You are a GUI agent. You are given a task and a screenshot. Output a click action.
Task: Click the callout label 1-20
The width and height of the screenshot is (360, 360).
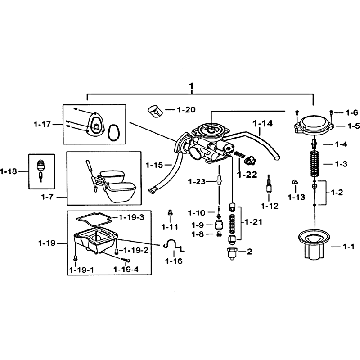pyautogui.click(x=186, y=110)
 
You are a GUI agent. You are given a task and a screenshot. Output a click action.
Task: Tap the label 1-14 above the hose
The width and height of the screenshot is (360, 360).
pyautogui.click(x=263, y=123)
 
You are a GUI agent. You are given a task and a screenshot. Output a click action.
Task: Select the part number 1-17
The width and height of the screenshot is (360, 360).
pyautogui.click(x=42, y=125)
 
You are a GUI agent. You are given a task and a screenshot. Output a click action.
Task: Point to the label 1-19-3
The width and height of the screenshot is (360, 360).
pyautogui.click(x=131, y=217)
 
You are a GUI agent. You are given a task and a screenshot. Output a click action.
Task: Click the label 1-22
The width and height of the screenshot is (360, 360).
pyautogui.click(x=247, y=175)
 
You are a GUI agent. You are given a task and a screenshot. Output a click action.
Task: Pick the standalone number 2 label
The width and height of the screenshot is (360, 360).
pyautogui.click(x=250, y=252)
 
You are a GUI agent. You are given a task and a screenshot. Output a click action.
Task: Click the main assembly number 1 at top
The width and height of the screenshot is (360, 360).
pyautogui.click(x=191, y=86)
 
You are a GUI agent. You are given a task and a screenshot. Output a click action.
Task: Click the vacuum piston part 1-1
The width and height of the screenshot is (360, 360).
pyautogui.click(x=315, y=246)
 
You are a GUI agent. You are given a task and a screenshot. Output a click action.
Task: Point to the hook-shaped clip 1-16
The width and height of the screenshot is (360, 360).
pyautogui.click(x=174, y=245)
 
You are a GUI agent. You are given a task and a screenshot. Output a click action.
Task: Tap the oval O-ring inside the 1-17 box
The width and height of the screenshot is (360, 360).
pyautogui.click(x=114, y=132)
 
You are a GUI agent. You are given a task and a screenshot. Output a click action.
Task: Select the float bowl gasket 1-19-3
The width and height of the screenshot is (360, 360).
pyautogui.click(x=94, y=218)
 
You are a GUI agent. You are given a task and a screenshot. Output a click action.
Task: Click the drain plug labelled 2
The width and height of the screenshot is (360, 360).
pyautogui.click(x=232, y=254)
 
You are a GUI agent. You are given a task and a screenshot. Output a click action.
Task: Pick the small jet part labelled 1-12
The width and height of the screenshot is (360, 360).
pyautogui.click(x=269, y=184)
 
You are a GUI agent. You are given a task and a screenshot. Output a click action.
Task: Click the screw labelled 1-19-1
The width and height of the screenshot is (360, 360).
pyautogui.click(x=75, y=258)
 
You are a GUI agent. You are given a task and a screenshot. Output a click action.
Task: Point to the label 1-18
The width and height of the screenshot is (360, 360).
pyautogui.click(x=9, y=171)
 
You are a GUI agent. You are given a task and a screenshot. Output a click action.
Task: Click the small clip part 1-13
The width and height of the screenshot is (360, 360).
pyautogui.click(x=295, y=182)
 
